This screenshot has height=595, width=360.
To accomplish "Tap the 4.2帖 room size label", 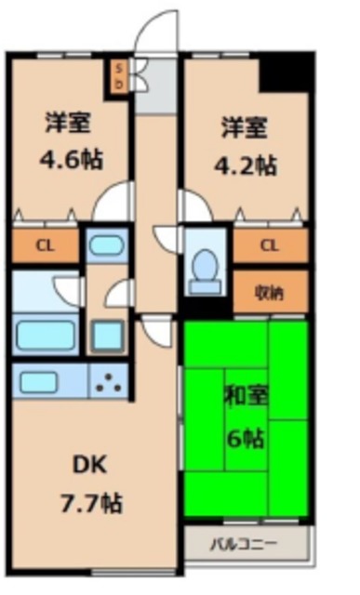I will (247, 165).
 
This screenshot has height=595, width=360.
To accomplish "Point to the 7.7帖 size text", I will (92, 505).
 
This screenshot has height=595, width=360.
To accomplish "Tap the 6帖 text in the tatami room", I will (247, 439).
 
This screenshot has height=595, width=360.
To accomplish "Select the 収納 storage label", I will (269, 292).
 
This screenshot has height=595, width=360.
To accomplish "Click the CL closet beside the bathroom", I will (44, 247).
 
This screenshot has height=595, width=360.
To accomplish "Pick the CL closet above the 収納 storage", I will (269, 246).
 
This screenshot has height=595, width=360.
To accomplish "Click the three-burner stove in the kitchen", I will (111, 379).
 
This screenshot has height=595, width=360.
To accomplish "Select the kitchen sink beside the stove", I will (43, 379).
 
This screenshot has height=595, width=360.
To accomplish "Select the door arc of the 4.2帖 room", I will (193, 205).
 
